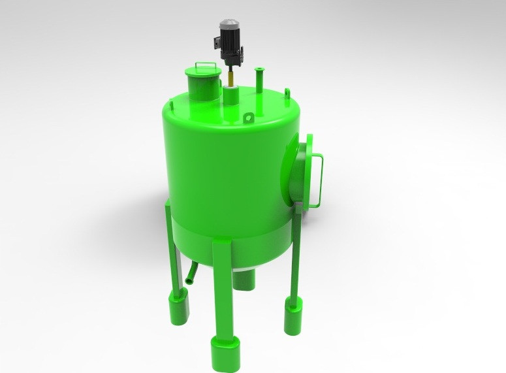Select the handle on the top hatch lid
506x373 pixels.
click(205, 65)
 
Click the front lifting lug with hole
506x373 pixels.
click(249, 118)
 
